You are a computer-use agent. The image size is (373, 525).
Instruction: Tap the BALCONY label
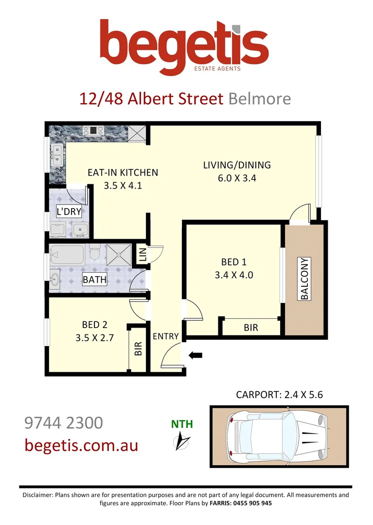click(x=305, y=279)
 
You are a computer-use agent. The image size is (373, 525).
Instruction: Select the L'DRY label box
click(x=69, y=211)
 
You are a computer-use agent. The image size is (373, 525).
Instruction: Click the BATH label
click(x=94, y=280)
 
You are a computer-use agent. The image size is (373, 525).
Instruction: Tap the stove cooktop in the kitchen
click(x=92, y=130)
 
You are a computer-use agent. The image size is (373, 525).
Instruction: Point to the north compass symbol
click(x=182, y=440)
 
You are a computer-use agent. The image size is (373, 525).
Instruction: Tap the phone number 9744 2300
click(x=63, y=422)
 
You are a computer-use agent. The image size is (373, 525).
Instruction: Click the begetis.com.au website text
click(x=81, y=445)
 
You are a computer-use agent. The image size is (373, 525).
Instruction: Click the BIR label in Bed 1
click(x=250, y=328)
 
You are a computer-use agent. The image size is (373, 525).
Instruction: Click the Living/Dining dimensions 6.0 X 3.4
click(x=237, y=178)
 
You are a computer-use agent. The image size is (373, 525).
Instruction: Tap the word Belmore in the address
click(x=259, y=99)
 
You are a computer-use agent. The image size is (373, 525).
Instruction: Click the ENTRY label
click(x=166, y=336)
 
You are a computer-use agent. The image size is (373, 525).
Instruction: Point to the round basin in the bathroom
click(x=56, y=280)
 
